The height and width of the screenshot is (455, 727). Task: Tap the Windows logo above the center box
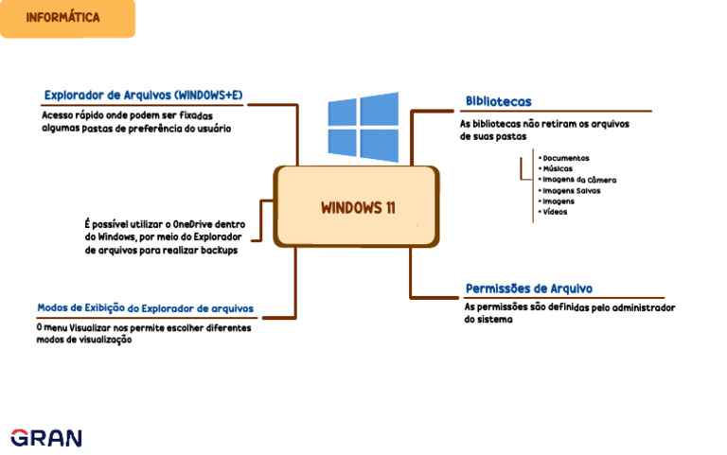pos(363,126)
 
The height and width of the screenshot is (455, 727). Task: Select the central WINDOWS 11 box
pos(357,208)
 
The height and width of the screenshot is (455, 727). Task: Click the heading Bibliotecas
pos(498,101)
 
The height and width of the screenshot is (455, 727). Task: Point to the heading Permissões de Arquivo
pos(529,289)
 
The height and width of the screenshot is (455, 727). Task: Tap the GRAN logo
pos(46,437)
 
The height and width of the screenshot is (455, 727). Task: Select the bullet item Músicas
pos(558,168)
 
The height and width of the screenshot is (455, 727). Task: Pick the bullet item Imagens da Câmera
pos(578,179)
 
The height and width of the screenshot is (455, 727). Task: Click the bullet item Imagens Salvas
pos(571,190)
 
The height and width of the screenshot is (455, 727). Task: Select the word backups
pos(217,251)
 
